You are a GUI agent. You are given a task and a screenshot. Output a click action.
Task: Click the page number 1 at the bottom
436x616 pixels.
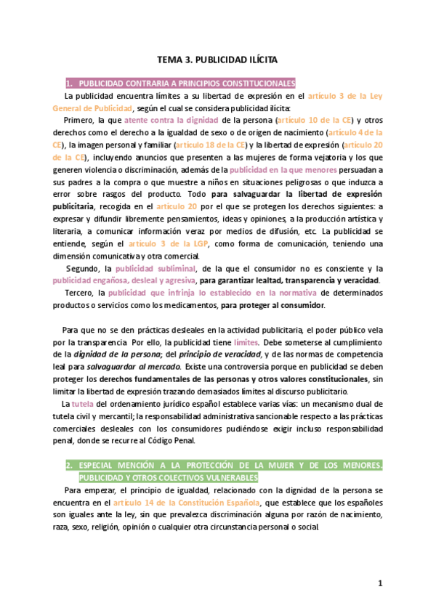point(379,583)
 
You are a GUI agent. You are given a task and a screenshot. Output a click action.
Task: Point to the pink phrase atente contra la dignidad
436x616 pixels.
point(171,120)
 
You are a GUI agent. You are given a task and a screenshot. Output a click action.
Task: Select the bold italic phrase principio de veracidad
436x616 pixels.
point(220,354)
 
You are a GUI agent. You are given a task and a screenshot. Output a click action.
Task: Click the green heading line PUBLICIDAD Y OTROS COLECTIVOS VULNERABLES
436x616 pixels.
point(169,477)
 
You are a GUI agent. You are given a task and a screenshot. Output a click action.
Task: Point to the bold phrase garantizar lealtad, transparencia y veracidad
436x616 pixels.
point(299,280)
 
